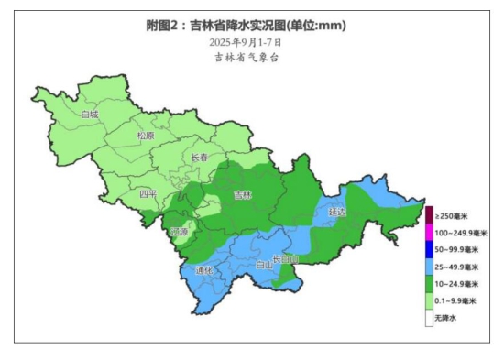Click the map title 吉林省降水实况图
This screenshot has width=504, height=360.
point(247,25)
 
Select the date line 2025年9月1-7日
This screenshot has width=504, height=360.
point(245,42)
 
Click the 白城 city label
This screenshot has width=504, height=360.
point(89,115)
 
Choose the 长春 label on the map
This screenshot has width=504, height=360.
point(200,158)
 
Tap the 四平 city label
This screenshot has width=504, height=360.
point(148,194)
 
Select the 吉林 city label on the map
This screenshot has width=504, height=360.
point(242,194)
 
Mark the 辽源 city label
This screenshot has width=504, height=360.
point(179,232)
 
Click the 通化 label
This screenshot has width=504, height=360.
point(203,270)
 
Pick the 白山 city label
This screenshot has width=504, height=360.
point(263,265)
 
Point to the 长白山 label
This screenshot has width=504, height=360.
point(286,259)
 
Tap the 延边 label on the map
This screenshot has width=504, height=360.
point(336,212)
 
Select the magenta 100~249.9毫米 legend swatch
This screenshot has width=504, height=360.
point(428,233)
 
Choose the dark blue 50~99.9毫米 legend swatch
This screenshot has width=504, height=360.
point(428,249)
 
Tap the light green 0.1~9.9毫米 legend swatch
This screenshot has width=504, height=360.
point(428,300)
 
